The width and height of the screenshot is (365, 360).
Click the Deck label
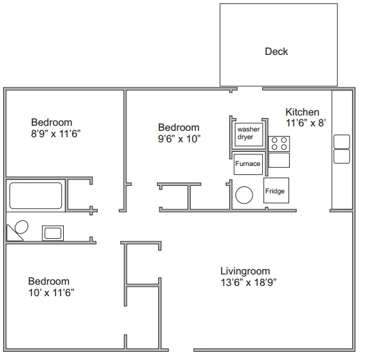[x=276, y=52]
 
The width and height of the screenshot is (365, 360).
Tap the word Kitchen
[x=302, y=112]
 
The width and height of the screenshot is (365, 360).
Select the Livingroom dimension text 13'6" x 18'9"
[x=248, y=283]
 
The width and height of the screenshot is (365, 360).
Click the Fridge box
[x=276, y=190]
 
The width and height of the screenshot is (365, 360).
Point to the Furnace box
[x=248, y=164]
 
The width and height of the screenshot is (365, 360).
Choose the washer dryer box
[x=249, y=135]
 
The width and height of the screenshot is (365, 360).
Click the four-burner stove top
[x=279, y=144]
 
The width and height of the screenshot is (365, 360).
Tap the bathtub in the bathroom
[x=36, y=195]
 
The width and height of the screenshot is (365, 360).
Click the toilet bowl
[x=22, y=227]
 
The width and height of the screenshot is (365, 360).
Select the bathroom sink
[x=53, y=233]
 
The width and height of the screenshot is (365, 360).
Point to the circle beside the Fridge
[x=244, y=195]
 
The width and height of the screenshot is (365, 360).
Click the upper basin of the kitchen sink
[x=342, y=142]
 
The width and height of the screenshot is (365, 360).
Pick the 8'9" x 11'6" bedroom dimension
[x=56, y=134]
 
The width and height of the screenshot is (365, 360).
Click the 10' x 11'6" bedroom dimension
[x=51, y=293]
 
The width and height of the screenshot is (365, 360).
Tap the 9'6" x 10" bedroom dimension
[x=179, y=139]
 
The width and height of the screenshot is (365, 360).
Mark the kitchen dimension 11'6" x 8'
[x=306, y=123]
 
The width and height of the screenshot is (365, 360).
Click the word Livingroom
[x=245, y=271]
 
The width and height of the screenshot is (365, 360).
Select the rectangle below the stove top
[x=279, y=160]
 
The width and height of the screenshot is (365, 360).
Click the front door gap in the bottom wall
[x=181, y=350]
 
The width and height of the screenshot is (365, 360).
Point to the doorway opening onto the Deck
[x=250, y=89]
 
